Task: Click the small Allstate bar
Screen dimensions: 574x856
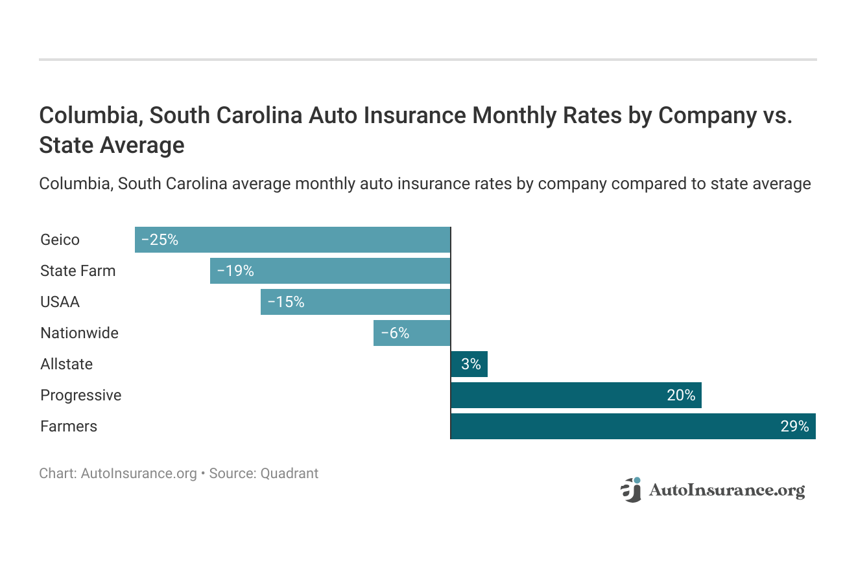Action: (x=469, y=364)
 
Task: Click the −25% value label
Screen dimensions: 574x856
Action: (x=160, y=240)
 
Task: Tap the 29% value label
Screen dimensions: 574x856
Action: (x=794, y=426)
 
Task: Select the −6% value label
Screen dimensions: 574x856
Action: (x=395, y=333)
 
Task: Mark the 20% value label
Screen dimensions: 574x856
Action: (x=681, y=395)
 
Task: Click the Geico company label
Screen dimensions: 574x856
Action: (x=60, y=240)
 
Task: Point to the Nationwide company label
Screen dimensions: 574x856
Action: (x=79, y=333)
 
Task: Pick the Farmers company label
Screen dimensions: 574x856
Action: (x=69, y=426)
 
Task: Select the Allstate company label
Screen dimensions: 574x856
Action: (x=66, y=364)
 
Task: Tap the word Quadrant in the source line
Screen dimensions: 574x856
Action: (x=289, y=474)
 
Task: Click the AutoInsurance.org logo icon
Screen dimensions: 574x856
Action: (x=630, y=490)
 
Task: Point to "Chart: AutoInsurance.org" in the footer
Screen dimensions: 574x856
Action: (x=118, y=474)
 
